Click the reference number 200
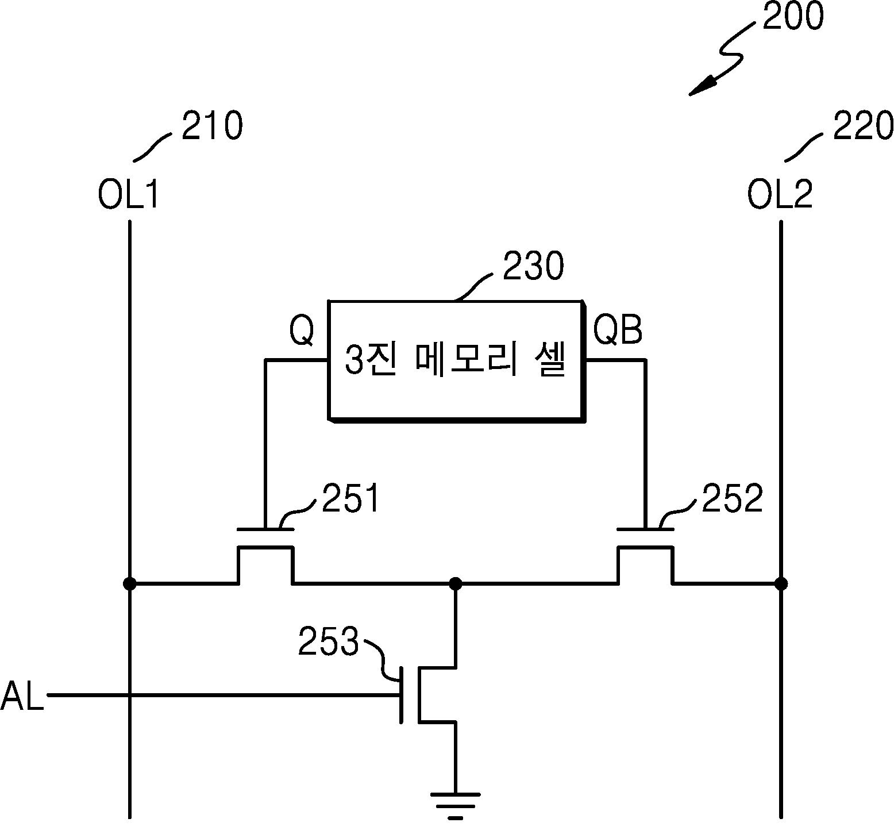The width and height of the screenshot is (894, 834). point(792,17)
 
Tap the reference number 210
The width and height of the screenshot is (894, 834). point(212,126)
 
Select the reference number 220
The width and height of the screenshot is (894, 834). point(863,126)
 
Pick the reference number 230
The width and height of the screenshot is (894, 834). point(533,267)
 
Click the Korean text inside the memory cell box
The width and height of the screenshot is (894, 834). point(455,360)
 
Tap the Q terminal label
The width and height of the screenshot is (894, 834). point(302,330)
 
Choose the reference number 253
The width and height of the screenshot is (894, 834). point(328,642)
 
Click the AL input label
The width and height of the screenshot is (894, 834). point(22,696)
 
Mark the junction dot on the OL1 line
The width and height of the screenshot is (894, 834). point(130,584)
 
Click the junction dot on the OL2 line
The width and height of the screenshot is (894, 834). point(781,584)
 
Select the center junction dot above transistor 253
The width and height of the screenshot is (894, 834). point(456,584)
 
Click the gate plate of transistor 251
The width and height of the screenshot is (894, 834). point(265,529)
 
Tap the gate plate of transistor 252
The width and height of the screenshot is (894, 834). point(645,529)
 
